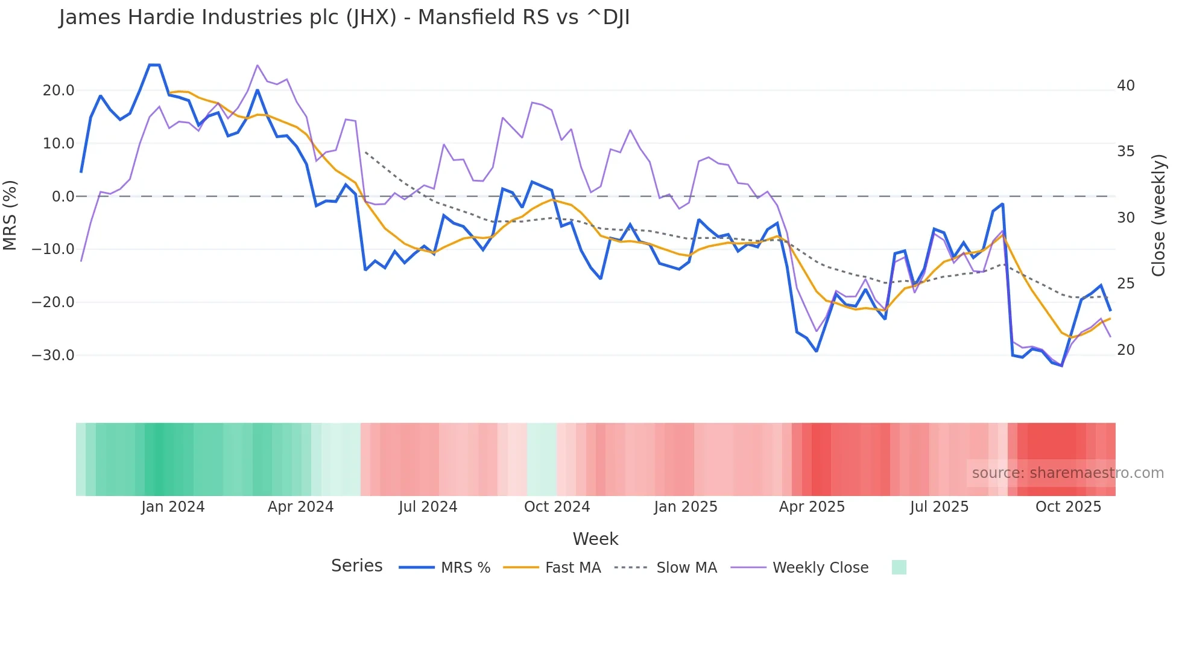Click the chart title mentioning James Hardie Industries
pyautogui.click(x=344, y=17)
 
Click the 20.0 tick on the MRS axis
pyautogui.click(x=58, y=91)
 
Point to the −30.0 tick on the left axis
pyautogui.click(x=53, y=355)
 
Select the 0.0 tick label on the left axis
pyautogui.click(x=63, y=196)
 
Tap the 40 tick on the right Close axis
pyautogui.click(x=1125, y=86)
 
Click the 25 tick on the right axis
pyautogui.click(x=1125, y=283)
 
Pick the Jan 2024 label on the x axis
pyautogui.click(x=173, y=507)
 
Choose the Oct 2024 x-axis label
pyautogui.click(x=557, y=507)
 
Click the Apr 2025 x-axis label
pyautogui.click(x=812, y=507)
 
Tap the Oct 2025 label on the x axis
pyautogui.click(x=1068, y=507)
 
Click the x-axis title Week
pyautogui.click(x=595, y=539)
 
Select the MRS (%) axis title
pyautogui.click(x=10, y=215)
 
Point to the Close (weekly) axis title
pyautogui.click(x=1158, y=215)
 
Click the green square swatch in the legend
pyautogui.click(x=899, y=567)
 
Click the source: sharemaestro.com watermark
pyautogui.click(x=1067, y=473)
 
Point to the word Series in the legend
pyautogui.click(x=356, y=566)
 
